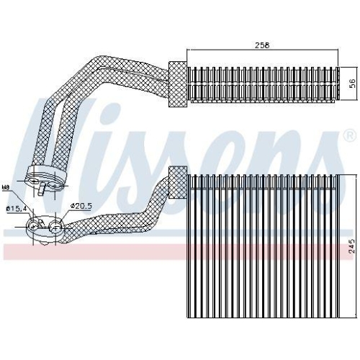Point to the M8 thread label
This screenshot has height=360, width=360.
(6, 189)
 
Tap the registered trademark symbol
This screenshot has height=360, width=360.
(349, 135)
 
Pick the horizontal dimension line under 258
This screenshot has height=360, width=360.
(264, 50)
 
